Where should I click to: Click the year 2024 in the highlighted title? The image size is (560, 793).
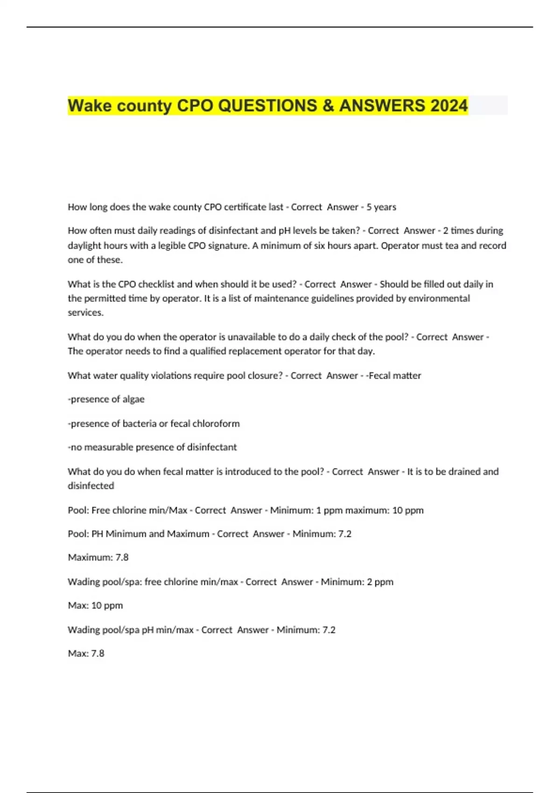coord(449,105)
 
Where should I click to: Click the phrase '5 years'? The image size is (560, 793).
coord(381,207)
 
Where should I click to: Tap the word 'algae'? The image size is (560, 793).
coord(133,399)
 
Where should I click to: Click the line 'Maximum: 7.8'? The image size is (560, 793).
coord(98,557)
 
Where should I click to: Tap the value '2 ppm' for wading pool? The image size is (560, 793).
coord(380,582)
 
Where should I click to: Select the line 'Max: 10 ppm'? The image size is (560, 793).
coord(95,605)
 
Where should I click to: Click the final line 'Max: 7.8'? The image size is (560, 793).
coord(86,653)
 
